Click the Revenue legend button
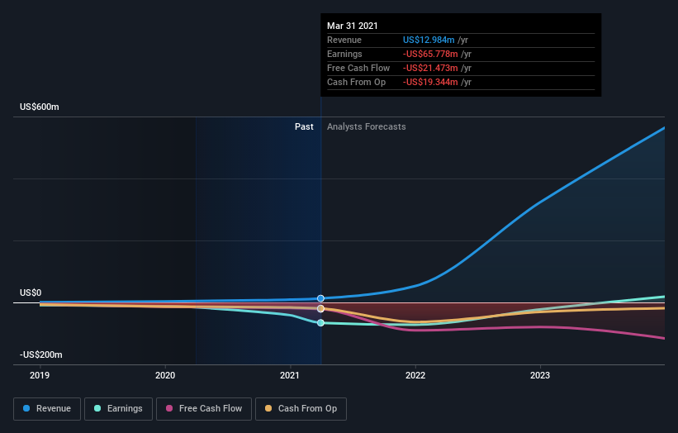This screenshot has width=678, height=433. tap(48, 408)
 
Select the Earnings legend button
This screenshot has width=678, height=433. tap(119, 408)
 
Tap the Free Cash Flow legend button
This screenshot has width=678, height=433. tap(202, 408)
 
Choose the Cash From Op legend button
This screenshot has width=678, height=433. tap(301, 408)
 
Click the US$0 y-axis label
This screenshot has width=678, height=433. tap(31, 293)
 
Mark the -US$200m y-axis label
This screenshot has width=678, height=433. tap(41, 354)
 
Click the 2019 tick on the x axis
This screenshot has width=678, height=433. tap(40, 374)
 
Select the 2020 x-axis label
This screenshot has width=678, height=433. tap(165, 374)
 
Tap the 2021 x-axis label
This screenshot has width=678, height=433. tap(290, 374)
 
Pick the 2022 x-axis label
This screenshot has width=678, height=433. tap(415, 374)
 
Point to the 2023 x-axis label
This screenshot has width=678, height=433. tap(539, 374)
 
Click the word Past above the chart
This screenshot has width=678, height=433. tap(304, 126)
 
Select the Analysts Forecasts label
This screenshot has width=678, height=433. tap(366, 126)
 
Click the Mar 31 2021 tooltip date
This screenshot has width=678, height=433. tap(353, 25)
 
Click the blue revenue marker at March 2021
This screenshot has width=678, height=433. tap(320, 298)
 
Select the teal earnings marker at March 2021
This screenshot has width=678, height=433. tap(320, 323)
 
